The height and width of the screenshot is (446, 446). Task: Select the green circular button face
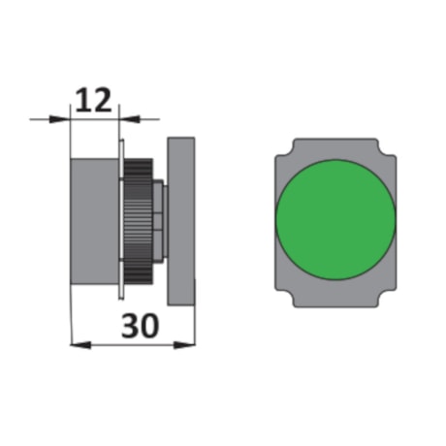pyautogui.click(x=335, y=220)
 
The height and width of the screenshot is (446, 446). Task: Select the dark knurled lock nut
pyautogui.click(x=142, y=219)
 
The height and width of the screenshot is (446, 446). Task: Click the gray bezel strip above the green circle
pyautogui.click(x=335, y=148)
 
